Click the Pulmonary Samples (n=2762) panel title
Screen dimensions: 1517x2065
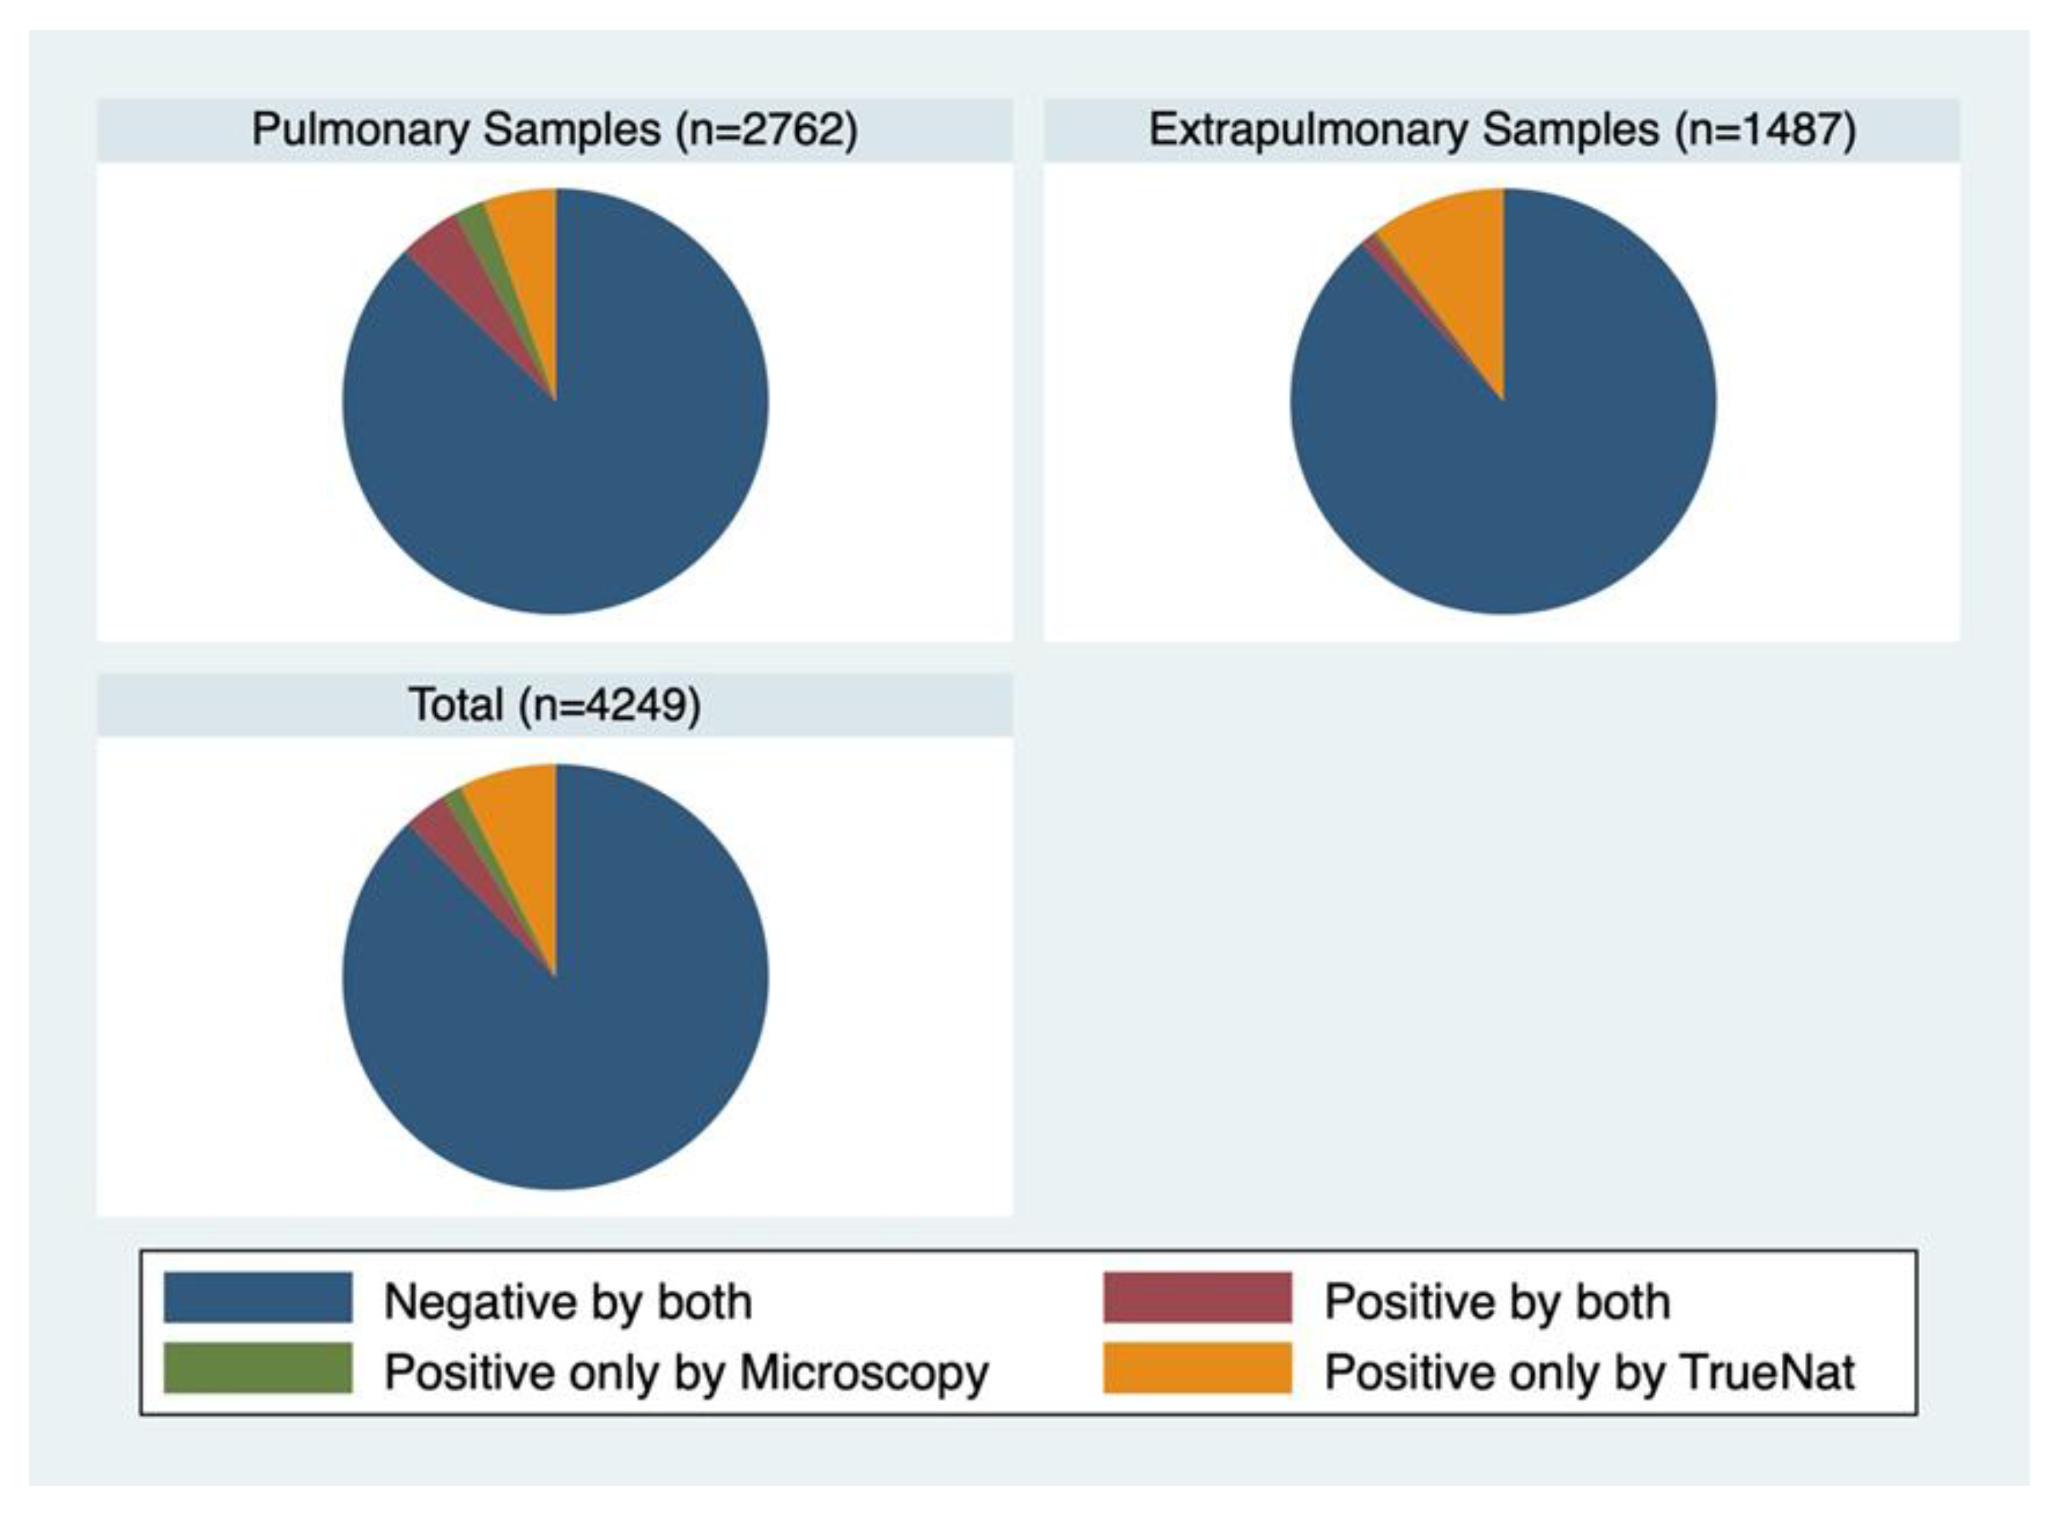pos(555,129)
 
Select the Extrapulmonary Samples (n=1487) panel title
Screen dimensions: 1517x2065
pos(1502,129)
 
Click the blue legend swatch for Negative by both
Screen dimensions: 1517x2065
pos(258,1298)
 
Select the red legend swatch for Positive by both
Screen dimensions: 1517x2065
pos(1197,1298)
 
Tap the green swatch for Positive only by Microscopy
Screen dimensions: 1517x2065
pos(258,1368)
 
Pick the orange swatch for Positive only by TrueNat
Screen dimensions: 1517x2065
pos(1197,1368)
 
